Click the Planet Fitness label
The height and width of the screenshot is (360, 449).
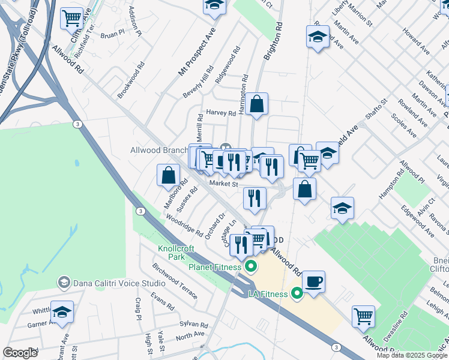(215, 266)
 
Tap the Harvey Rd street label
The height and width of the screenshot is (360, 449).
(221, 113)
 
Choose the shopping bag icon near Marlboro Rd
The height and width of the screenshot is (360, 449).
(169, 175)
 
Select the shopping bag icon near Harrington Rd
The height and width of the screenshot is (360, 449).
(256, 104)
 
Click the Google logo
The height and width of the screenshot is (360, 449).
(20, 352)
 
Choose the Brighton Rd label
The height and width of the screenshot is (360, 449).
(273, 41)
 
